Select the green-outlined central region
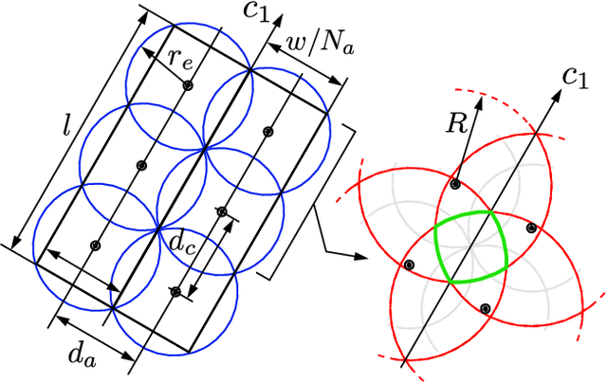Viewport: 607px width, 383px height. tap(471, 247)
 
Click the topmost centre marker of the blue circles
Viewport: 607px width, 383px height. tap(188, 86)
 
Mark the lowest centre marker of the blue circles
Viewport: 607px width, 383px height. tap(174, 291)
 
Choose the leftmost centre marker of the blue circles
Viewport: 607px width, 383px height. tap(95, 246)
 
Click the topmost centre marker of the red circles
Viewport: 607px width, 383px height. tap(456, 184)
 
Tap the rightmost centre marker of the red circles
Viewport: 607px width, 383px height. tap(532, 228)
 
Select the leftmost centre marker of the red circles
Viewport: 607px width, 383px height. tap(409, 265)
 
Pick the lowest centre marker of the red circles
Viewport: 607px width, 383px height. tap(485, 308)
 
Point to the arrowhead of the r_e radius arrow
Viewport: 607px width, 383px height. tap(146, 48)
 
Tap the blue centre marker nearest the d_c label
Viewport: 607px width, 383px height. tap(222, 211)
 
